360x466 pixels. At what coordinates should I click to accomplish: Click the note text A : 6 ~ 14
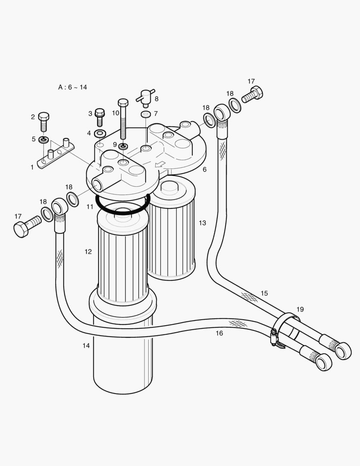point(72,87)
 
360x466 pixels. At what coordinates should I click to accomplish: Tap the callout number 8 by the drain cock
point(156,99)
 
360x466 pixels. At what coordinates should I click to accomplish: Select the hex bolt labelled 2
point(44,121)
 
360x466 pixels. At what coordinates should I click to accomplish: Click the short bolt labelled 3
point(100,116)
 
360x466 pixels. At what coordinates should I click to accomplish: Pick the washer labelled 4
point(100,133)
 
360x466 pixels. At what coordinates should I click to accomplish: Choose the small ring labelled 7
point(146,114)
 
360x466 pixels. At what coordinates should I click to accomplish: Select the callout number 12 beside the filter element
point(88,252)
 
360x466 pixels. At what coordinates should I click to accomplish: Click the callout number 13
point(202,223)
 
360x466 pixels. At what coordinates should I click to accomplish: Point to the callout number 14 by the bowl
point(86,346)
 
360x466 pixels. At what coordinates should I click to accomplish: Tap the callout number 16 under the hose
point(219,333)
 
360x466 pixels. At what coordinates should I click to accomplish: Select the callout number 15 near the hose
point(264,293)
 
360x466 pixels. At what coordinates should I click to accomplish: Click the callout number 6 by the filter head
point(204,170)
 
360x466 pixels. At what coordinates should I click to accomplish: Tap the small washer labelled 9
point(123,146)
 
